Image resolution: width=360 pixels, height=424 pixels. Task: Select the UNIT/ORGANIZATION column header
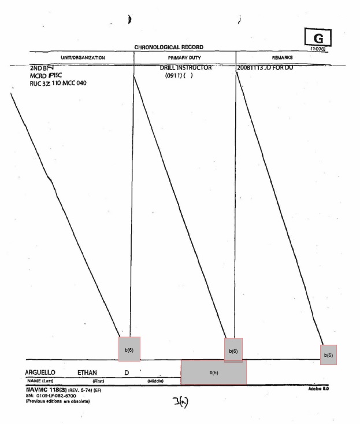[x=81, y=58]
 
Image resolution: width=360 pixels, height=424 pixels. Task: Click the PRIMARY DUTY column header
[x=184, y=58]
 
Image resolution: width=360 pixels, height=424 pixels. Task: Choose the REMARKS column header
[x=284, y=58]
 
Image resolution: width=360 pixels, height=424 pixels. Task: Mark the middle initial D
[x=127, y=372]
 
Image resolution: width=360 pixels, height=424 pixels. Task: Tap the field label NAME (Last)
[x=41, y=381]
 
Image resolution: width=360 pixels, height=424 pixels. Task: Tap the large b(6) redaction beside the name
[x=213, y=372]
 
